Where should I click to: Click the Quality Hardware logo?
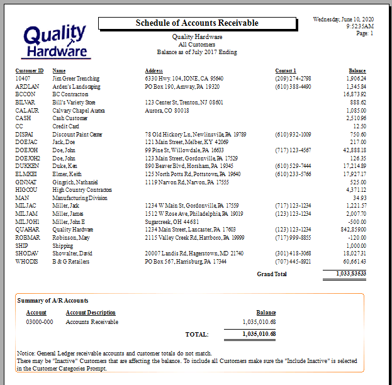pos(55,42)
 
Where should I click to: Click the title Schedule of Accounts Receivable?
pos(197,23)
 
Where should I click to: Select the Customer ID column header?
pos(30,70)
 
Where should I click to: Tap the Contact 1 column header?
pos(286,70)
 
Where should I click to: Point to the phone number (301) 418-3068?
pos(293,252)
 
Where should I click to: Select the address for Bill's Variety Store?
pos(184,102)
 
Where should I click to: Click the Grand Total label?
pos(272,274)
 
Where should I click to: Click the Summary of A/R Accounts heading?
pos(53,301)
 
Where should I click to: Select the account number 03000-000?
pos(40,322)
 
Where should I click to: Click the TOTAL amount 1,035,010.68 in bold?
pos(259,334)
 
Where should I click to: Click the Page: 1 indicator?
pos(365,33)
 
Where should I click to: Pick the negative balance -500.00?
pos(357,221)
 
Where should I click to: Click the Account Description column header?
pos(91,313)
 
